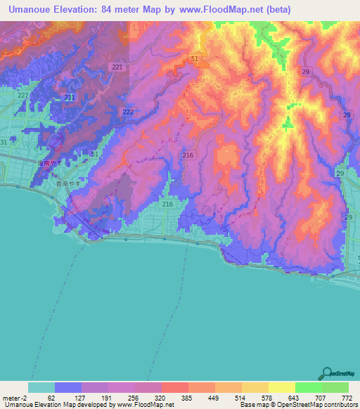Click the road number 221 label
click(x=117, y=67)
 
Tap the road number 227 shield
click(x=23, y=95)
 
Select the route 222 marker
click(x=128, y=112)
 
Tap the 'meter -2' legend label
click(x=15, y=397)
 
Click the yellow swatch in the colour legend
click(x=281, y=387)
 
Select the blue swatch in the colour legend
click(x=68, y=387)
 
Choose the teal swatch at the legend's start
click(x=41, y=387)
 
